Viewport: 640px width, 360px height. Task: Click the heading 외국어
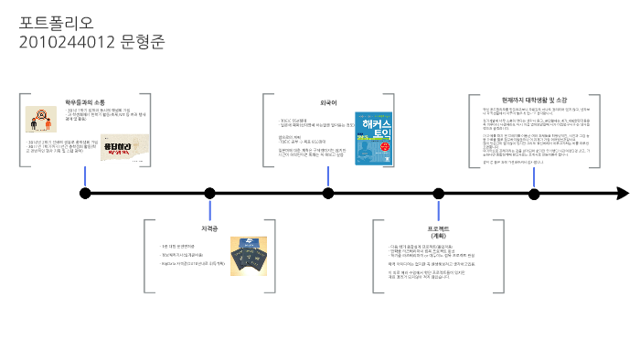click(x=328, y=102)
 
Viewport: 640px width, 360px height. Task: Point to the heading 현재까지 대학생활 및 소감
click(x=534, y=99)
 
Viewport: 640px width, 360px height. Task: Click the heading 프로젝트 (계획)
click(x=438, y=231)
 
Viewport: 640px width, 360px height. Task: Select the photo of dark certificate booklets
click(x=252, y=256)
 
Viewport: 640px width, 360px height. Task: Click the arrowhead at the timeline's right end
click(x=623, y=193)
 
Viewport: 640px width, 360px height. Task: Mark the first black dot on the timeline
click(x=85, y=193)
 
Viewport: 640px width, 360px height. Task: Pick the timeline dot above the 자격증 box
click(x=209, y=193)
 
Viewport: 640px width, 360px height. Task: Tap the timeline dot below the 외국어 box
click(x=328, y=193)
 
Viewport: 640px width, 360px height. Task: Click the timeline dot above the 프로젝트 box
click(x=438, y=193)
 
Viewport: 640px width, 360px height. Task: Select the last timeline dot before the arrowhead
click(x=534, y=193)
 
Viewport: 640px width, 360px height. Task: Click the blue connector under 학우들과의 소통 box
click(x=85, y=176)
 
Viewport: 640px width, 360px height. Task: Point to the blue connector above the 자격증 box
click(x=209, y=209)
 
